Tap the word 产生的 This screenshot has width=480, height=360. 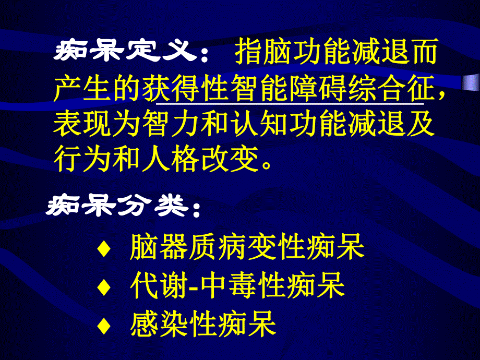(97, 89)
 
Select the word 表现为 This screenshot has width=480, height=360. (97, 125)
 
